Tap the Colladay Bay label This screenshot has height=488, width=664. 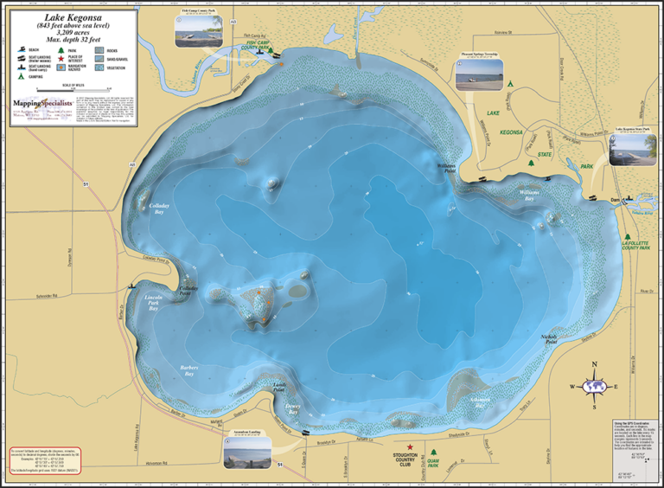160,207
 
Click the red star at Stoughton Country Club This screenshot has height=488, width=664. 411,447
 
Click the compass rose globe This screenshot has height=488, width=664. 593,386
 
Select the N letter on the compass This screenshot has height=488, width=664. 593,364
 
